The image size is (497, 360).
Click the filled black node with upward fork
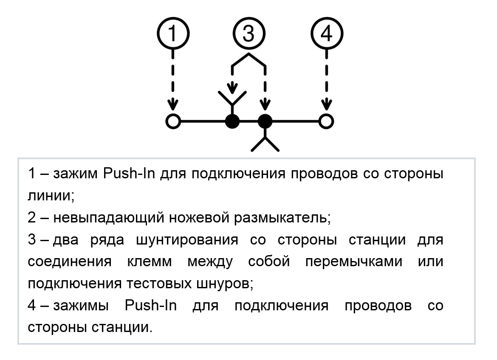tap(232, 121)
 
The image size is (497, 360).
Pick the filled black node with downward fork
tap(265, 121)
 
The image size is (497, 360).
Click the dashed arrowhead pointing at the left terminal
tap(173, 104)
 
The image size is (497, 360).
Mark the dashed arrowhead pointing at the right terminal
tap(327, 104)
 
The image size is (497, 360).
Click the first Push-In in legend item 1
tap(129, 173)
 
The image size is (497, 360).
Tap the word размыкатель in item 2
tap(282, 218)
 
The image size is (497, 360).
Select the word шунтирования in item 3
tap(187, 240)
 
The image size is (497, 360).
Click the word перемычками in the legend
tap(354, 262)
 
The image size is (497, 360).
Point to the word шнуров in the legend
tap(225, 284)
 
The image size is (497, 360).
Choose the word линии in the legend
tap(51, 196)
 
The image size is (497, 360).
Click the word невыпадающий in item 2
tap(109, 218)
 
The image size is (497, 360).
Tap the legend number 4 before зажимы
tap(32, 305)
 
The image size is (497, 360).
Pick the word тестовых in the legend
tap(159, 284)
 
